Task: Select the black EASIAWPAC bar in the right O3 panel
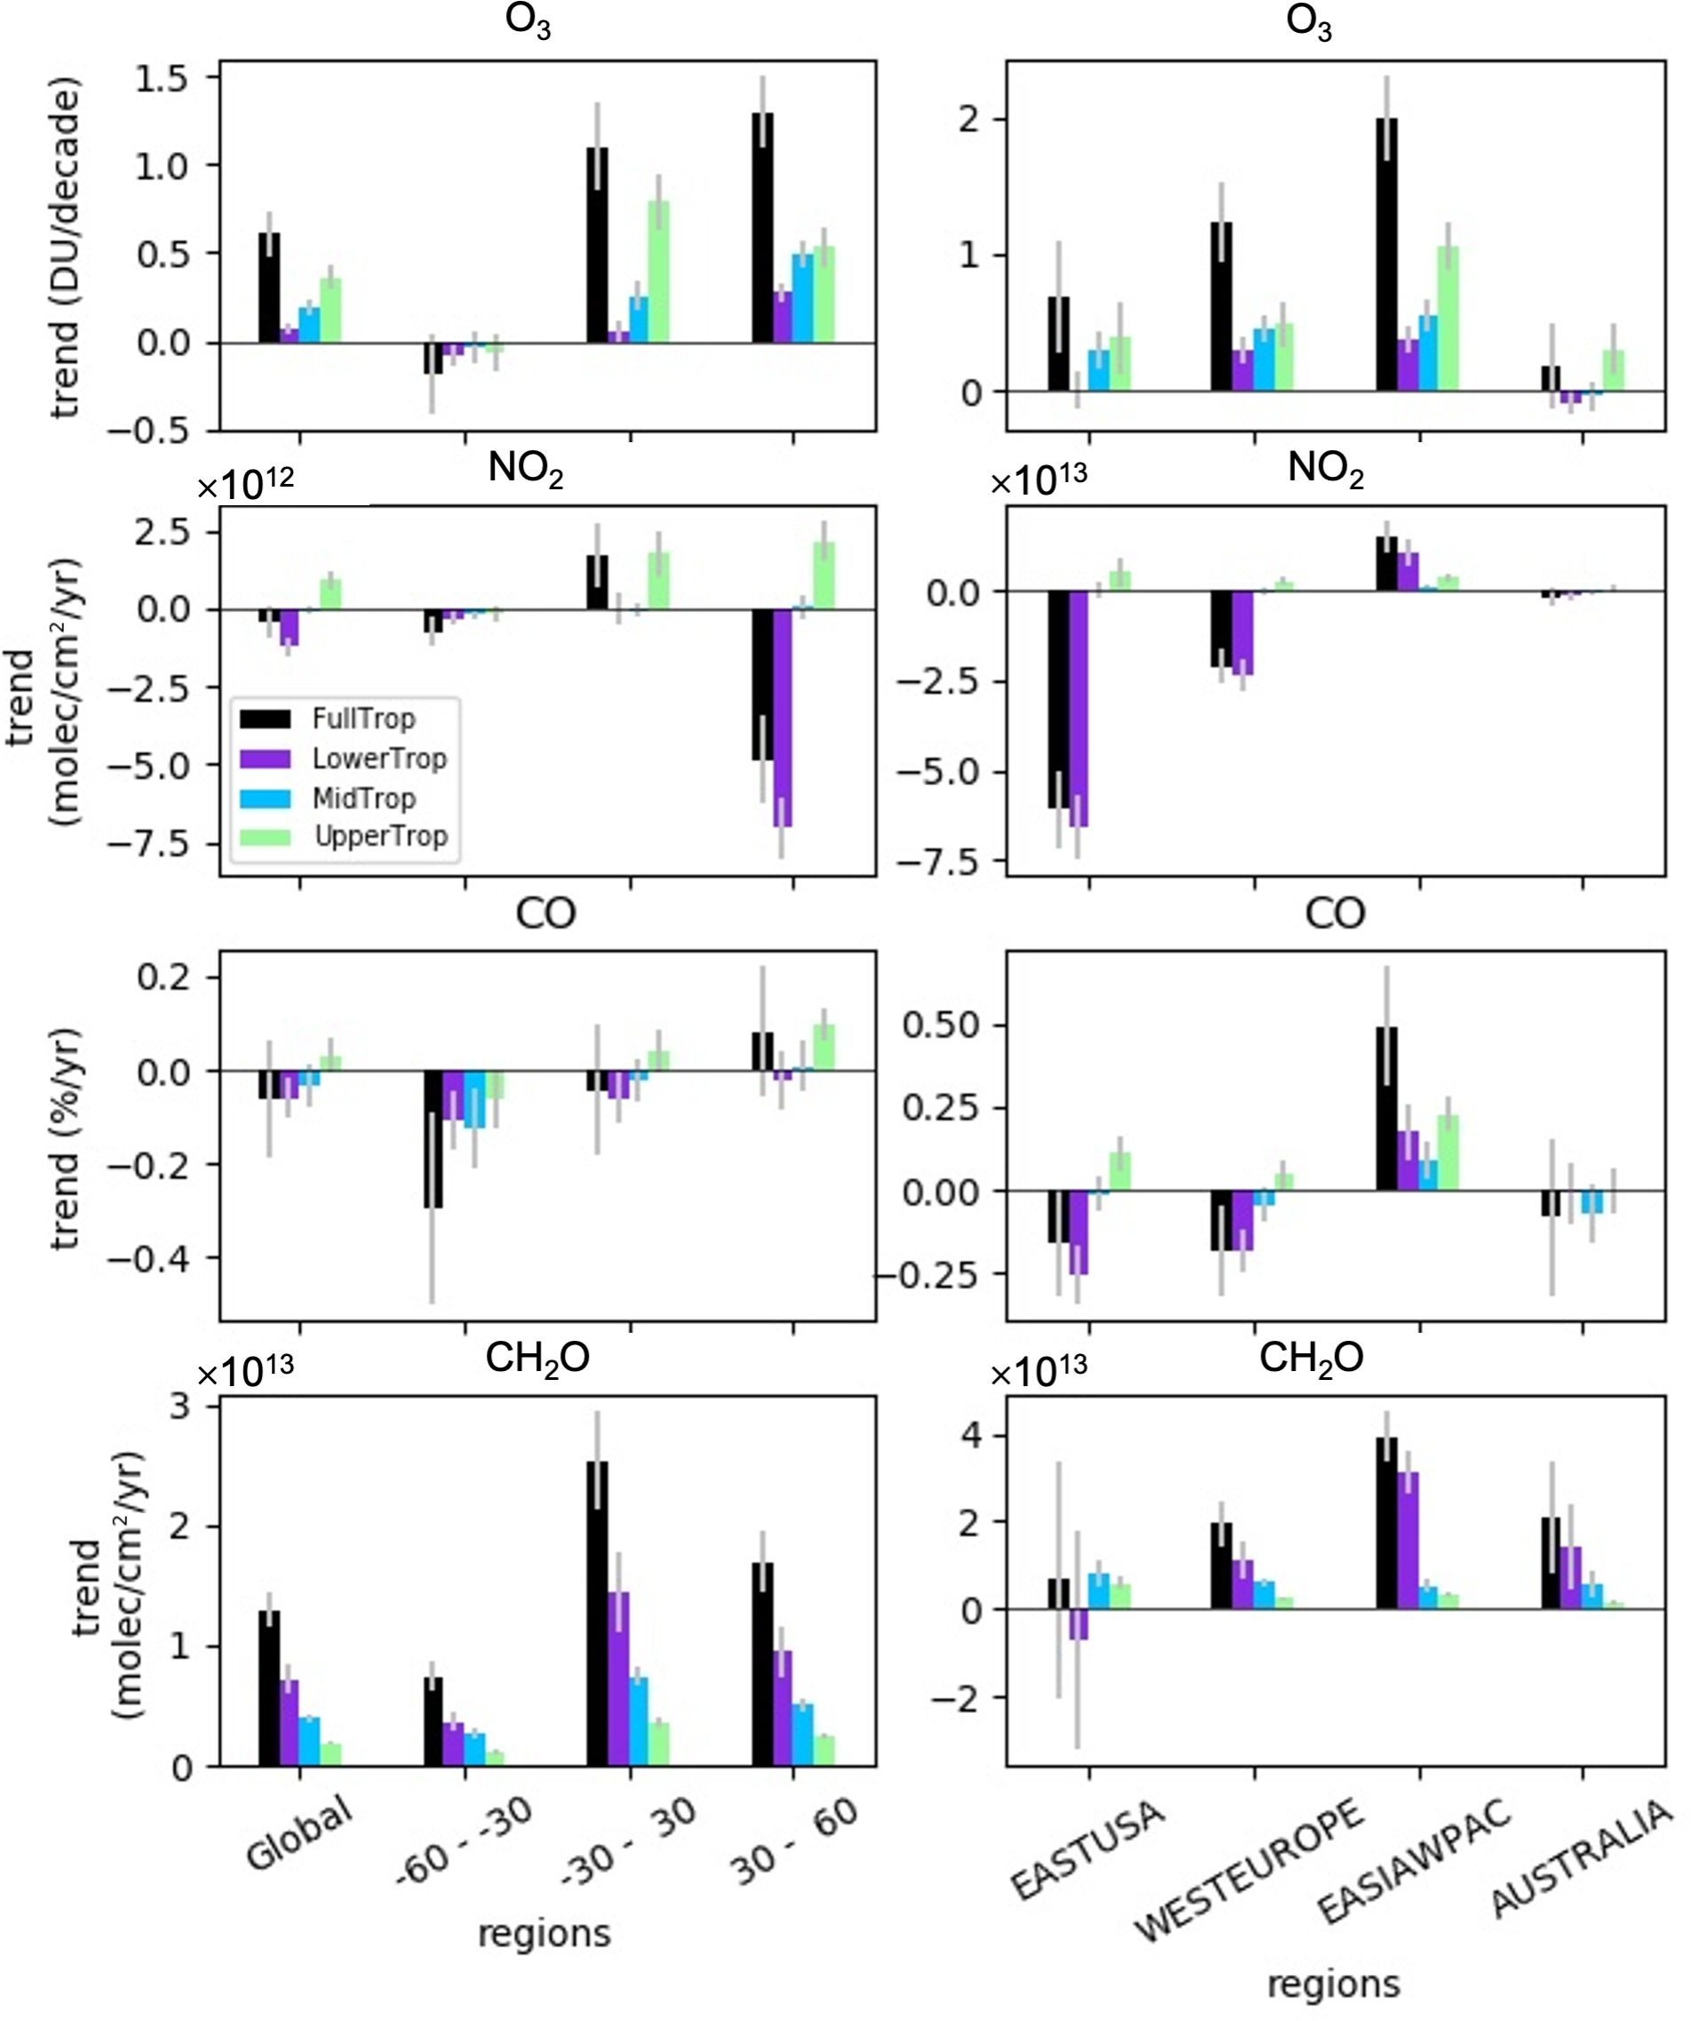(1386, 254)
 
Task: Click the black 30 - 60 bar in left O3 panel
(762, 227)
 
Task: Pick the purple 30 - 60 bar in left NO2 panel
(782, 717)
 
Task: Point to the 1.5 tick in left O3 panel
(162, 79)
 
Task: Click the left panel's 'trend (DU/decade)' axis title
(65, 249)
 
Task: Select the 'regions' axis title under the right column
(1333, 1983)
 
